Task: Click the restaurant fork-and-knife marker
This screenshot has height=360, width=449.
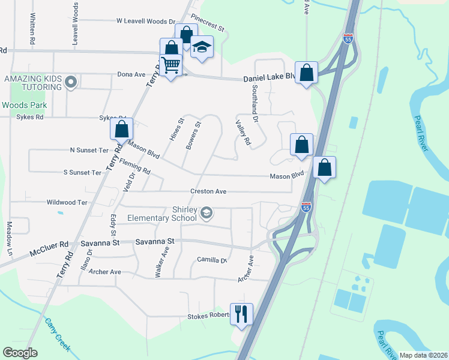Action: [x=241, y=314]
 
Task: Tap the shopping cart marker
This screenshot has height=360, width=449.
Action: [x=171, y=65]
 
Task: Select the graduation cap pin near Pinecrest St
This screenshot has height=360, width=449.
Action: [x=202, y=47]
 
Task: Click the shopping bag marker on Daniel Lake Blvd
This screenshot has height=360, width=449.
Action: [x=306, y=73]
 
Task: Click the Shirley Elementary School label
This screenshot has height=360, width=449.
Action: [x=162, y=214]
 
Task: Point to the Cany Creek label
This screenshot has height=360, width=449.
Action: [x=57, y=334]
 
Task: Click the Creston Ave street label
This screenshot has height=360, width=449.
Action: [x=208, y=191]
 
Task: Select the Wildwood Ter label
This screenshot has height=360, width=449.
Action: [x=67, y=203]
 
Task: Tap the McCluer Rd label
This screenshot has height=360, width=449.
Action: [x=50, y=245]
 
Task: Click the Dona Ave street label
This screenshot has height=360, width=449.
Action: [x=131, y=75]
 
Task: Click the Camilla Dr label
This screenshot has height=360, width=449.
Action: [x=212, y=260]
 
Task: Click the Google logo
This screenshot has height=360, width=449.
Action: [x=20, y=353]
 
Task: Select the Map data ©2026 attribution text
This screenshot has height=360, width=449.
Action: [x=423, y=355]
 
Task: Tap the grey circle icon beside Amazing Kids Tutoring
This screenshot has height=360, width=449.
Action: [x=71, y=82]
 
